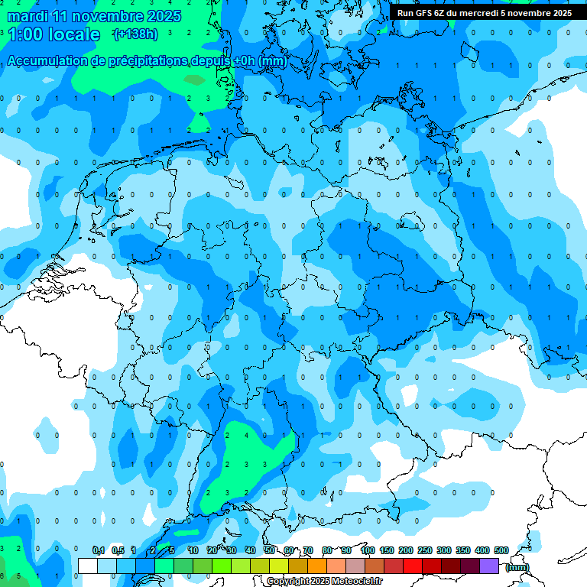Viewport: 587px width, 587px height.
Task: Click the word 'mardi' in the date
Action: point(27,16)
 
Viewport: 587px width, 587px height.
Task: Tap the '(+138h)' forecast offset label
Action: point(135,34)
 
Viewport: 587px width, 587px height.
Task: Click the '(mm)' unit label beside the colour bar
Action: point(517,566)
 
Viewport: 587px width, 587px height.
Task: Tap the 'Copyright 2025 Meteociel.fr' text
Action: point(324,582)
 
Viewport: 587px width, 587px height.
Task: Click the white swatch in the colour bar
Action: point(87,566)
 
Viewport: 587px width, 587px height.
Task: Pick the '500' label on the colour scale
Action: point(501,550)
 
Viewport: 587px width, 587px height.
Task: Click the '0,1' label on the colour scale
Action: point(99,550)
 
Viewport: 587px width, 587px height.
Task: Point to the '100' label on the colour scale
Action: point(368,550)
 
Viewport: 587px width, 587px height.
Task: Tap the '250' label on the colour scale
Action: point(425,550)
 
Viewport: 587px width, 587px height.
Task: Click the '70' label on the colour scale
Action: point(307,550)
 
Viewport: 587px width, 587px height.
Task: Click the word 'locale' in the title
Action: point(74,34)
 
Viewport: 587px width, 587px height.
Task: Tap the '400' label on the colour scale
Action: point(482,550)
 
